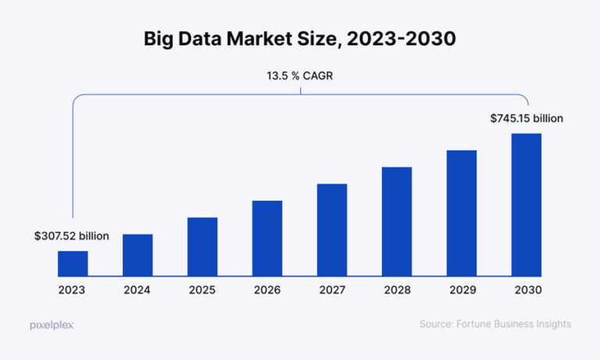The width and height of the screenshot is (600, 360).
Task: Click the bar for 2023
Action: tap(73, 263)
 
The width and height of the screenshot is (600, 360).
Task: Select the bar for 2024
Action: tap(137, 255)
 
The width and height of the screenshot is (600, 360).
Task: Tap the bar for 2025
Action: tap(202, 246)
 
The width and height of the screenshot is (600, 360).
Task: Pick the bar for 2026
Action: tap(267, 238)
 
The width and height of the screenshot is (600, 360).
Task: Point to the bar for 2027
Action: tap(332, 230)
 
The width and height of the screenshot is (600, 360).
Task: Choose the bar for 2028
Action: tap(397, 221)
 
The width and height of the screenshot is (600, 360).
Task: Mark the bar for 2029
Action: tap(462, 212)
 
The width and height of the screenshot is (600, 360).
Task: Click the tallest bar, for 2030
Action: tap(527, 205)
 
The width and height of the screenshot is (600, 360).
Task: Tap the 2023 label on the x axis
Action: tap(73, 289)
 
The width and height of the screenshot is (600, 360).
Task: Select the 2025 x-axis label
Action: tap(202, 289)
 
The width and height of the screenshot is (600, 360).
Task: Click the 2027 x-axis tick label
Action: tap(332, 289)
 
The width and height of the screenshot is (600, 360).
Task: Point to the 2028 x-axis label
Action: tap(397, 289)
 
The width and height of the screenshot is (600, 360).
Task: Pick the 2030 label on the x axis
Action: tap(527, 289)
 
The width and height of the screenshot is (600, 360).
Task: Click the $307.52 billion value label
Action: tap(72, 235)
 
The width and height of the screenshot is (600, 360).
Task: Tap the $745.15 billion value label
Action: tap(527, 119)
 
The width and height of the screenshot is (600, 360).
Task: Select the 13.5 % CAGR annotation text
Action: tap(300, 77)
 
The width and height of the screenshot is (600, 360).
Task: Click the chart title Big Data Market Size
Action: tap(300, 40)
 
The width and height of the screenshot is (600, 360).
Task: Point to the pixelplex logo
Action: tap(52, 324)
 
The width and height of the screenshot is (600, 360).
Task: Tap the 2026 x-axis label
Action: tap(267, 289)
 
